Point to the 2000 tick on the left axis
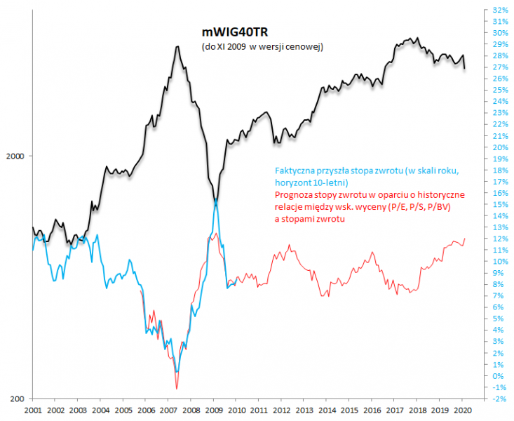pyautogui.click(x=17, y=156)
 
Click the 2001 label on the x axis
pyautogui.click(x=34, y=410)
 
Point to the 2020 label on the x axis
pyautogui.click(x=461, y=410)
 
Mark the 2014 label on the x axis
pyautogui.click(x=326, y=410)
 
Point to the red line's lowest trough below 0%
pyautogui.click(x=177, y=388)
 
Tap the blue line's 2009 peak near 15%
pyautogui.click(x=216, y=201)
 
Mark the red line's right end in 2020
pyautogui.click(x=465, y=239)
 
